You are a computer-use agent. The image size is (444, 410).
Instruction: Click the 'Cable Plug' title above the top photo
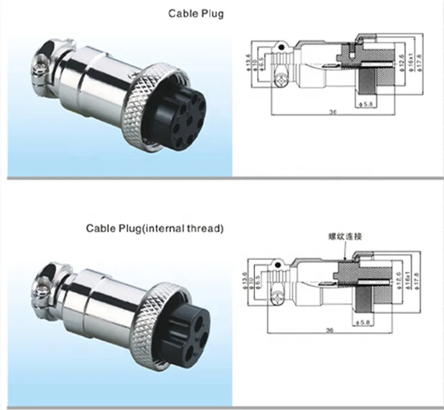tap(197, 13)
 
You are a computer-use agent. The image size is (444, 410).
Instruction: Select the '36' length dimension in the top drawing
tap(332, 111)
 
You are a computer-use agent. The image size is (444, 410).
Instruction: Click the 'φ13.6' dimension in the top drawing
tap(248, 61)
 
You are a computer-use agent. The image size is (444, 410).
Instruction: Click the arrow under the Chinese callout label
tap(345, 252)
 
